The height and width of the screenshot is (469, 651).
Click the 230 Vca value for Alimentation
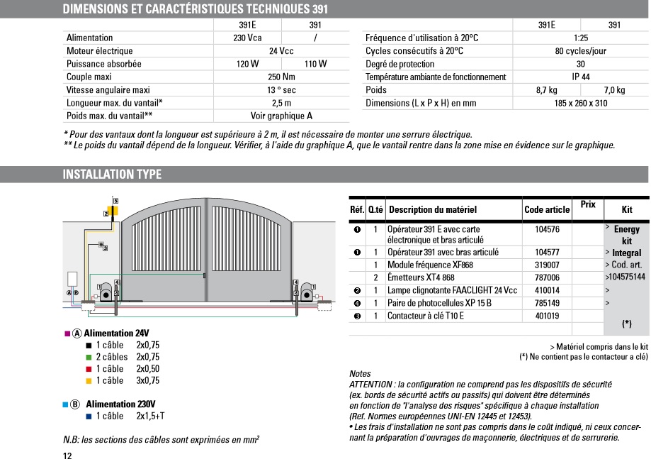coord(248,38)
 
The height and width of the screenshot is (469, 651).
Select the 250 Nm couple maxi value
coord(282,77)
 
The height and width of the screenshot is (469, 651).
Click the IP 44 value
coord(580,77)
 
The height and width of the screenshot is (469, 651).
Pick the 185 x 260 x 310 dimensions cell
coord(580,103)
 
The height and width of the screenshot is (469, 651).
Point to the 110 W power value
coord(315,64)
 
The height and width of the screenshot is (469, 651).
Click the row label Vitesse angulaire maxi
coord(108,90)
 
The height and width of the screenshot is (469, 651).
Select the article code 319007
coord(547,265)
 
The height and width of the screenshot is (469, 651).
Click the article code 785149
coord(547,303)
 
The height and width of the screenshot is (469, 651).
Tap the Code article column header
coord(547,210)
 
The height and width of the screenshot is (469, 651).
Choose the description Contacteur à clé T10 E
coord(425,316)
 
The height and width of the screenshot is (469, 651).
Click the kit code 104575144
coord(625,277)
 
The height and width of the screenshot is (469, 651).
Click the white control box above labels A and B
coord(73,280)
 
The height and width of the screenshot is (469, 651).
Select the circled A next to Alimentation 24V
coord(78,333)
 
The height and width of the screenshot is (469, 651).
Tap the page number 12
coord(67,456)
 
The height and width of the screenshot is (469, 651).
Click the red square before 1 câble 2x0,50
coord(89,369)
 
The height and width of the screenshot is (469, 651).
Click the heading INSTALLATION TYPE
coord(112,175)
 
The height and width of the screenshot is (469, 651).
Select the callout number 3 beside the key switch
coord(105,248)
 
